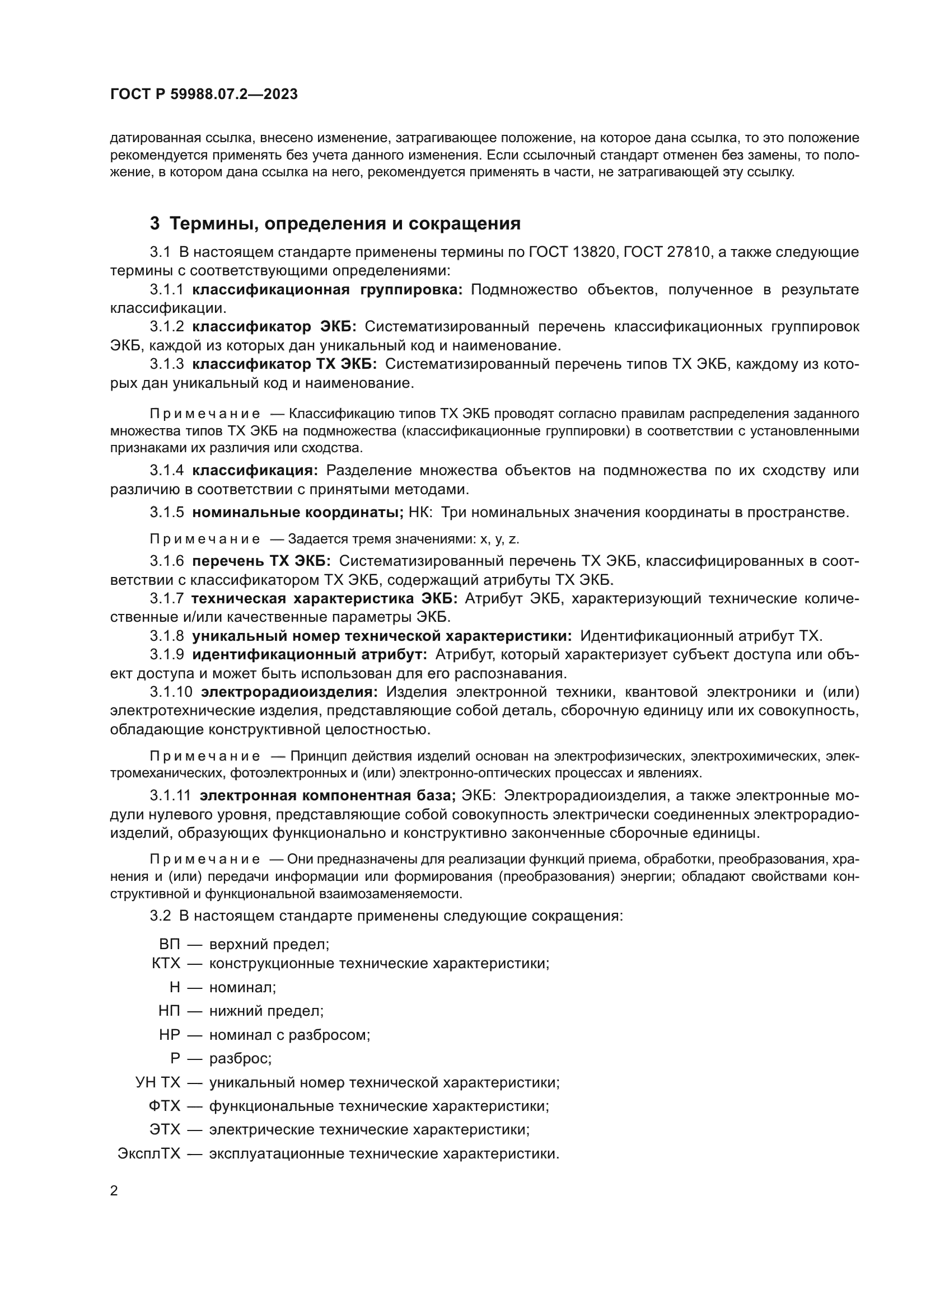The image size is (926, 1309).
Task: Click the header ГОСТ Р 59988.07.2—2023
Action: (204, 95)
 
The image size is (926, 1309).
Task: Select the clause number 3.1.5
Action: (166, 513)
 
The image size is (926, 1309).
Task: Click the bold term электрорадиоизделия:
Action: (289, 692)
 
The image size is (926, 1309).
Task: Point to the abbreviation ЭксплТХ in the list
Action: (149, 1153)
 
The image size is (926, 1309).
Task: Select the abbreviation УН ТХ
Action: (157, 1082)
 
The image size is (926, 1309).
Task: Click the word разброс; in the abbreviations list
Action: (240, 1058)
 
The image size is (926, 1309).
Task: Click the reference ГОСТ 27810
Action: (665, 252)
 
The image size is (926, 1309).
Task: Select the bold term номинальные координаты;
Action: (298, 513)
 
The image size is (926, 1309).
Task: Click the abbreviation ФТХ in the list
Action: (164, 1106)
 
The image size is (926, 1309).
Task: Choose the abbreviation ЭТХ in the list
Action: (164, 1129)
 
